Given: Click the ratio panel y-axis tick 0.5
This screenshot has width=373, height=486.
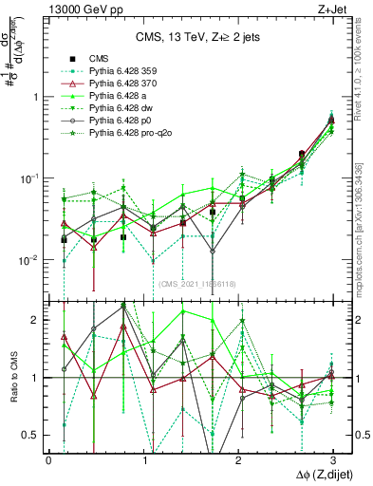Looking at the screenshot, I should (x=34, y=435).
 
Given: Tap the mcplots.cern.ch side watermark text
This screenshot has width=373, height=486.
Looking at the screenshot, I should (x=364, y=228).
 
